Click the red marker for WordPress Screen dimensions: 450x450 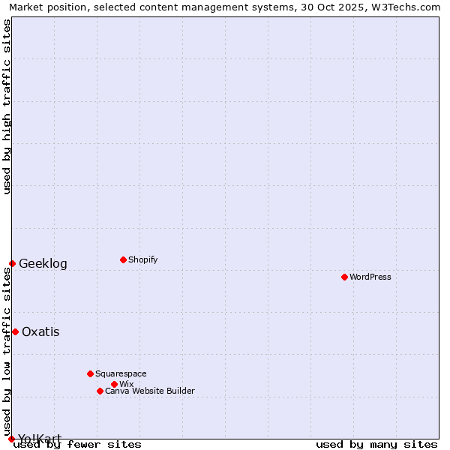coord(344,277)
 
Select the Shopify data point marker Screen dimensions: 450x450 coord(123,260)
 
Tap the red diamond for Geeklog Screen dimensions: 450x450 coord(12,263)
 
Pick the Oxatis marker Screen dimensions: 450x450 coord(15,331)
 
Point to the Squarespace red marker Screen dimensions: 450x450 coord(90,373)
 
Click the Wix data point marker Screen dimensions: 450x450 coord(114,384)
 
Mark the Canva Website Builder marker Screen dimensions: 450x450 coord(100,391)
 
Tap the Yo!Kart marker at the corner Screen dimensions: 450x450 coord(11,439)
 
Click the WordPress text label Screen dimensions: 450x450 coord(370,277)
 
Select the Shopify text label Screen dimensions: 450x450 coord(142,260)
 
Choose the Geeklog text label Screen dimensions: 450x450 coord(43,264)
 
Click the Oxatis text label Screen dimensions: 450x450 coord(40,332)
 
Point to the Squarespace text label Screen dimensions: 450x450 coord(121,373)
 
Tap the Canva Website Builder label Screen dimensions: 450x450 coord(150,391)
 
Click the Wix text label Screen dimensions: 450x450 coord(126,384)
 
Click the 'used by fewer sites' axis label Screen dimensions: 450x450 coord(77,445)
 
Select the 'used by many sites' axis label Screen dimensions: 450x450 coord(376,445)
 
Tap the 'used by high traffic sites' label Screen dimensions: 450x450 coord(7,106)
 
